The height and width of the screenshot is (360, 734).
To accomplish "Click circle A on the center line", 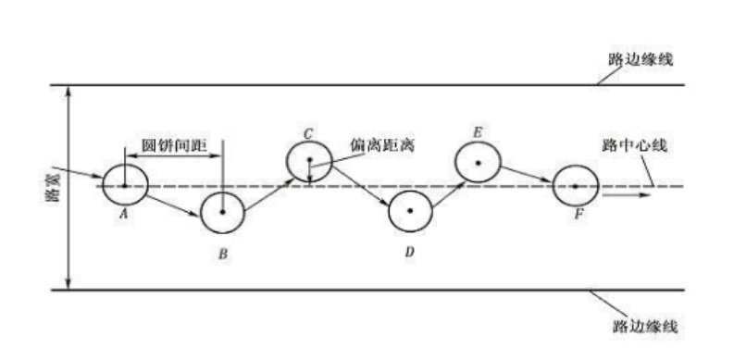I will click(x=122, y=185).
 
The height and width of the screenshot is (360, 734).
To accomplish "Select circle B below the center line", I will click(x=222, y=212).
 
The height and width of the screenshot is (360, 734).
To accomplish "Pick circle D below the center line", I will click(x=407, y=212).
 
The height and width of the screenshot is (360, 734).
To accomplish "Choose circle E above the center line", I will click(x=478, y=163).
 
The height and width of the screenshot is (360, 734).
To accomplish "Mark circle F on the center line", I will click(x=574, y=186).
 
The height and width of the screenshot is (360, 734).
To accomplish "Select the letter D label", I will click(x=408, y=252).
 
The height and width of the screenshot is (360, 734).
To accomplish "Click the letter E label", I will click(x=477, y=133).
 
